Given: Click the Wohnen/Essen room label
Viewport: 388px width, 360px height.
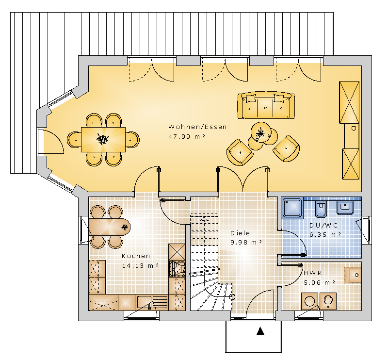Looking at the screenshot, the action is click(x=197, y=127).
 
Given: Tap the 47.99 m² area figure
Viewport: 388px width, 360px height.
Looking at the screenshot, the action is click(x=187, y=136).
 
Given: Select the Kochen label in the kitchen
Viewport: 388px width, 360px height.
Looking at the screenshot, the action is click(x=136, y=256).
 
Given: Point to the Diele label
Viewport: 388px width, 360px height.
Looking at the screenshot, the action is click(x=240, y=233).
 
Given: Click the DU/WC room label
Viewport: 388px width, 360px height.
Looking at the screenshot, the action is click(x=323, y=225).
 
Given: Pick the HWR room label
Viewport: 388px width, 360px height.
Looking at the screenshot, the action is click(x=313, y=273).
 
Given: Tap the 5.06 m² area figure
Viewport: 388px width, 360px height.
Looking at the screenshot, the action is click(x=319, y=282).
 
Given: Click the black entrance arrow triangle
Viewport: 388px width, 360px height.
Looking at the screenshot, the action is click(x=260, y=331).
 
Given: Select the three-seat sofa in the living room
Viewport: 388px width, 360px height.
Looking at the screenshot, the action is click(x=266, y=105).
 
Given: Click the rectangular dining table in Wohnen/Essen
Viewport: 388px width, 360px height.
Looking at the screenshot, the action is click(x=103, y=140).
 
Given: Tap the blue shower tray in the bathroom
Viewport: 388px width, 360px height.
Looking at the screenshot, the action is click(x=293, y=208).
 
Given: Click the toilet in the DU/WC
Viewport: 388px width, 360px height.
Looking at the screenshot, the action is click(x=321, y=209).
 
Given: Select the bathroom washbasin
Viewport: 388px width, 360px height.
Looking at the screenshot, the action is click(x=345, y=208).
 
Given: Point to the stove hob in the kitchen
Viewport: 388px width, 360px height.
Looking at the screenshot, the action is click(x=177, y=268).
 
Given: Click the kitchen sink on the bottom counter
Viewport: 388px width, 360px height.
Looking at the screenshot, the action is click(x=144, y=302).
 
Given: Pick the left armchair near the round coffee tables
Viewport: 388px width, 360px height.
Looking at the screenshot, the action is click(x=240, y=152).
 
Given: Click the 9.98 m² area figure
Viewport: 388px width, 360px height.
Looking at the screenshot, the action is click(x=246, y=243).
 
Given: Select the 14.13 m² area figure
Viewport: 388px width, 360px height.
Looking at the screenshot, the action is click(x=140, y=266).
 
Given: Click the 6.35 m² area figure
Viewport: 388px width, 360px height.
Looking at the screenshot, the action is click(x=325, y=234).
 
